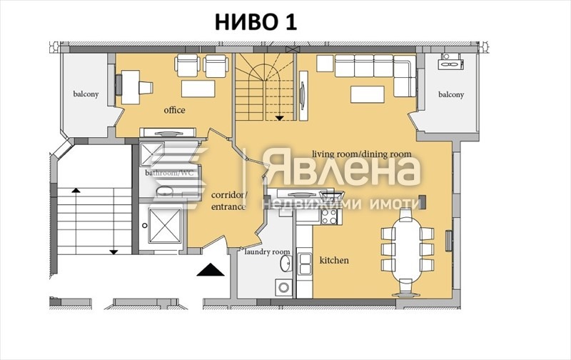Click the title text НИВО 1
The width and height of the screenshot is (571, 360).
256,22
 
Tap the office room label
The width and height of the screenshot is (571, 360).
175,110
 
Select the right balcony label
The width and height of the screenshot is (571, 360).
450,94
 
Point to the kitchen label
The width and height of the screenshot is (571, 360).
334,260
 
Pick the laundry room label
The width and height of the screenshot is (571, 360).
267,251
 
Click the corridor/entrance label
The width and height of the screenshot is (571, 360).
228,201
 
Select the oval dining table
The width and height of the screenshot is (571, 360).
407,247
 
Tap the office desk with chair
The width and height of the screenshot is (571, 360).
136,84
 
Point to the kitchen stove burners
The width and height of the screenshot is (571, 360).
329,214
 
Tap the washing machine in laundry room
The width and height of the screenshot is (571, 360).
283,288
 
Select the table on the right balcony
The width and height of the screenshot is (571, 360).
451,63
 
